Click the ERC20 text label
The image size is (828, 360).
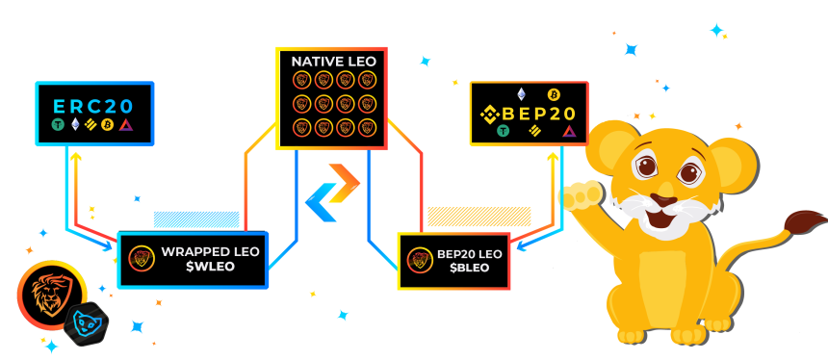pyautogui.click(x=92, y=106)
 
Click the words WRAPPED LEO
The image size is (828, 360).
pyautogui.click(x=210, y=252)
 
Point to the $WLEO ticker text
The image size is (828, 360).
pyautogui.click(x=210, y=267)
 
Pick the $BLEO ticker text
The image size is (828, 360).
pyautogui.click(x=462, y=268)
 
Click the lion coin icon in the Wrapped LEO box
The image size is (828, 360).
pyautogui.click(x=142, y=259)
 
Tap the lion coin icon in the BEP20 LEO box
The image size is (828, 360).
pyautogui.click(x=421, y=260)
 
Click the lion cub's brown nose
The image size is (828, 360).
pyautogui.click(x=663, y=200)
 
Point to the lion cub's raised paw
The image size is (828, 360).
pyautogui.click(x=581, y=195)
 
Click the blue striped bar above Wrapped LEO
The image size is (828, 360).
pyautogui.click(x=196, y=219)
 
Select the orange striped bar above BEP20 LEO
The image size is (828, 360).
pyautogui.click(x=479, y=217)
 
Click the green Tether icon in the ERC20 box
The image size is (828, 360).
pyautogui.click(x=58, y=125)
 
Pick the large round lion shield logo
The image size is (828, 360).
pyautogui.click(x=51, y=295)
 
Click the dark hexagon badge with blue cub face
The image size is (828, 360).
pyautogui.click(x=86, y=323)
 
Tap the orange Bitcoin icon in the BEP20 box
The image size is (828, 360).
pyautogui.click(x=554, y=94)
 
